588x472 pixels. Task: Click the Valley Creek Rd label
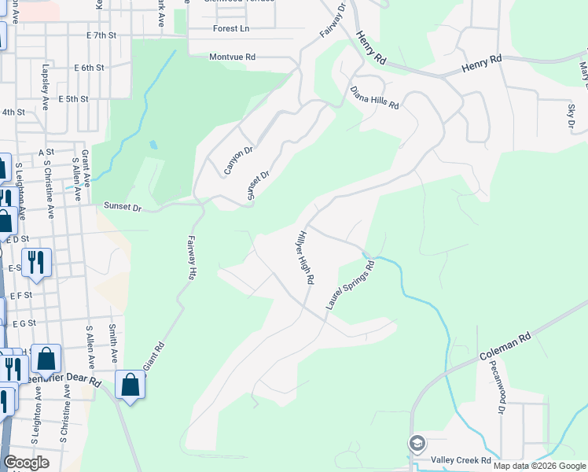pos(461,460)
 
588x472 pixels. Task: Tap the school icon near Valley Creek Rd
pos(417,444)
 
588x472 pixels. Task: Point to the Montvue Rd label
pos(233,57)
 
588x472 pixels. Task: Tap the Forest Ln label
pos(230,28)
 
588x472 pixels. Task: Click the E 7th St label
pos(101,35)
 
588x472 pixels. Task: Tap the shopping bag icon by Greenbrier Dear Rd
pos(130,385)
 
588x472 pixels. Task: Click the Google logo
pos(25,463)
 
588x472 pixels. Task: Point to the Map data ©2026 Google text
pos(539,466)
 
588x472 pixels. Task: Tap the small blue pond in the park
pos(153,145)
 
